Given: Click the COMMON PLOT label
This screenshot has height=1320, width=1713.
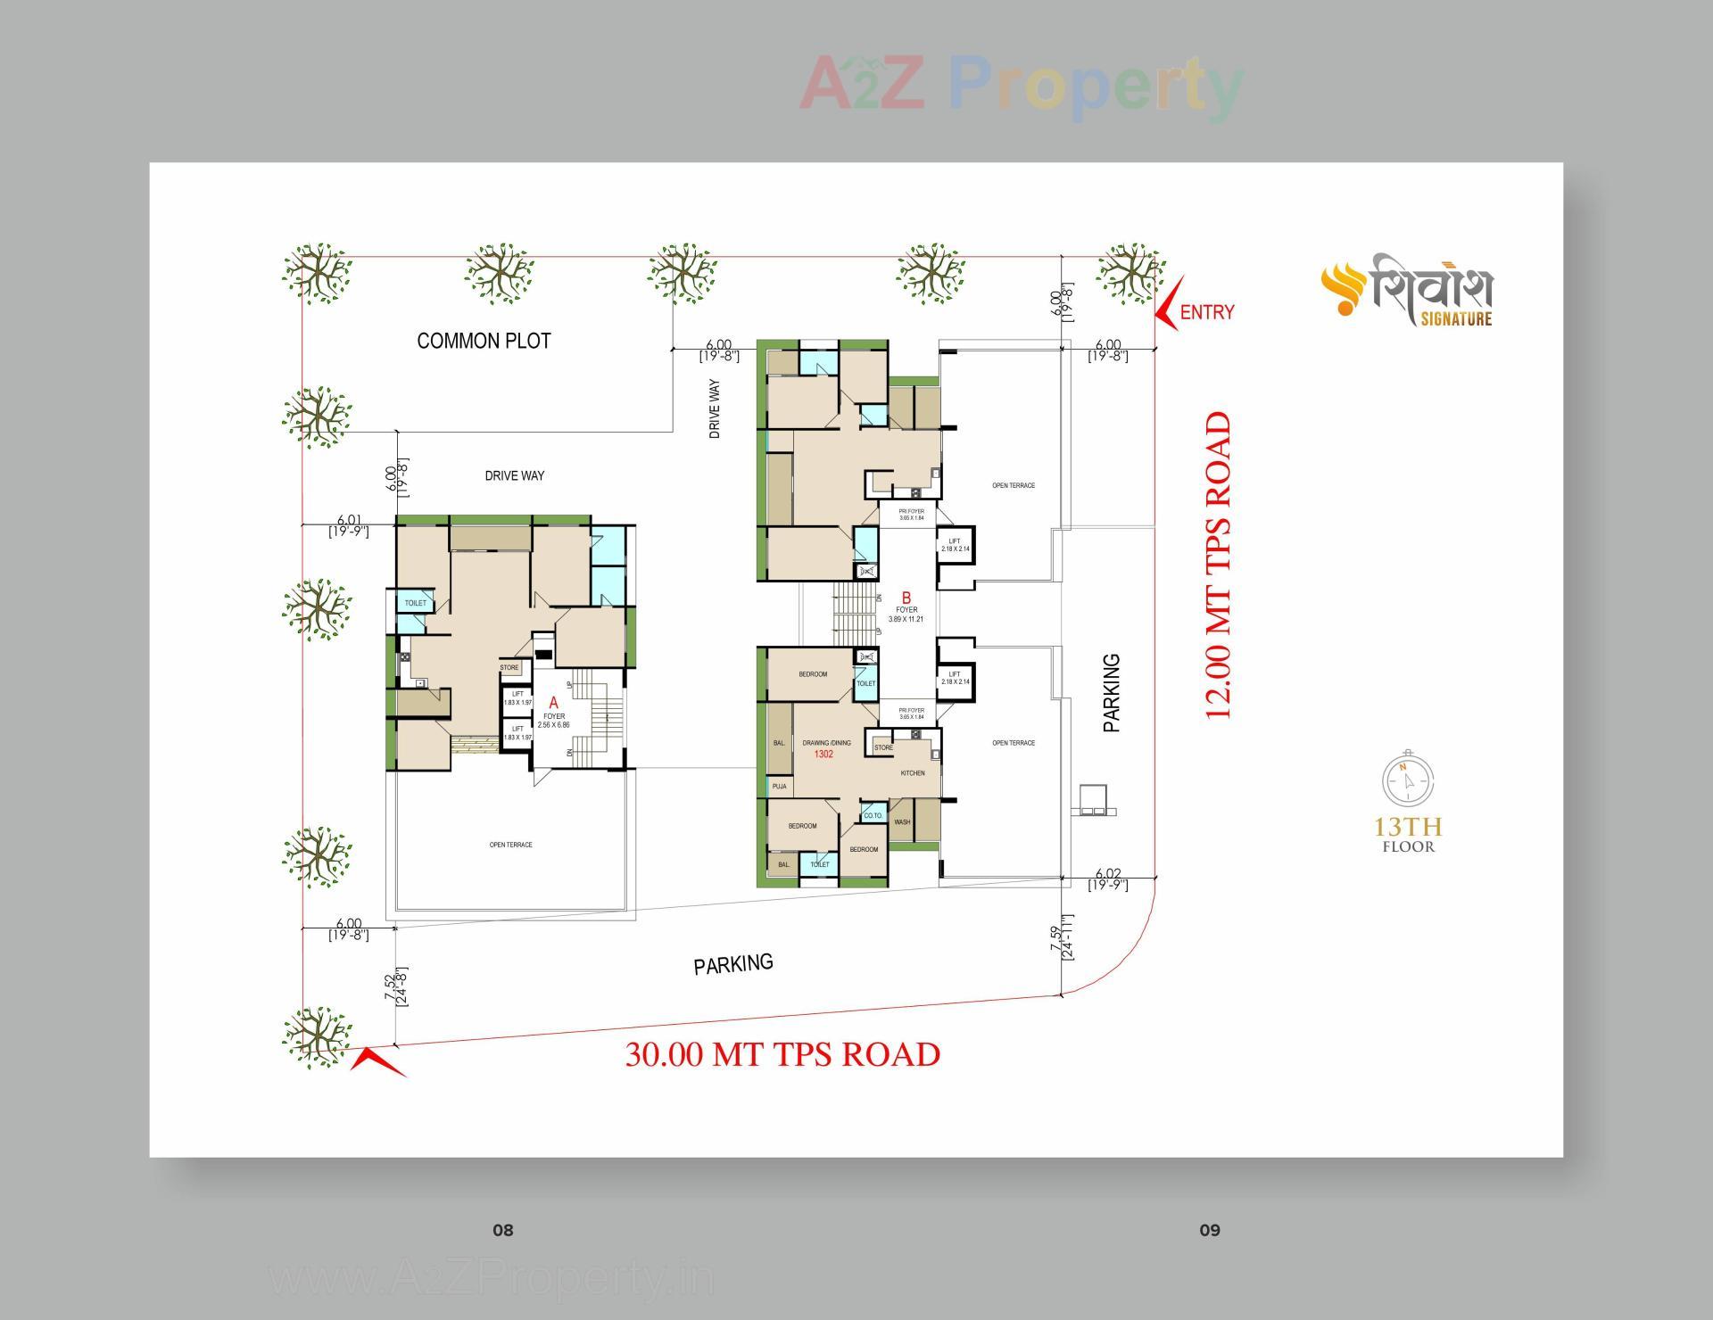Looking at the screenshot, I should coord(484,341).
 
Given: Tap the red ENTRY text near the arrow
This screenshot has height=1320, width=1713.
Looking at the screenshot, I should coord(1206,312).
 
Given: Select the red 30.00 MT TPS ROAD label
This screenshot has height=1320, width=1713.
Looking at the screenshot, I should coord(782,1054).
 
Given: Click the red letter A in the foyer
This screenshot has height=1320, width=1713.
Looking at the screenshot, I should coord(553,703).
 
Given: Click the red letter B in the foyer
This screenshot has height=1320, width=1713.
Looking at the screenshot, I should coord(905,598).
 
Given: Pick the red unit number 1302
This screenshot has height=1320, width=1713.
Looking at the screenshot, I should coord(823,755).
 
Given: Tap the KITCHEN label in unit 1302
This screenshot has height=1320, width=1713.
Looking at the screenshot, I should coord(912,773).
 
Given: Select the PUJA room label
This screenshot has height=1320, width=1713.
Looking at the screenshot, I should coord(779,787).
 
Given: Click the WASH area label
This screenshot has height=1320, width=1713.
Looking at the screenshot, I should coord(902,821).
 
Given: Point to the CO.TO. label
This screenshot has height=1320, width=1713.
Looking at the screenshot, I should coord(872,816).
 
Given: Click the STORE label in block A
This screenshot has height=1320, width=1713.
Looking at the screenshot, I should coord(509,667).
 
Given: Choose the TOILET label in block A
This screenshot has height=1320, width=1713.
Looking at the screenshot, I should coord(416,604).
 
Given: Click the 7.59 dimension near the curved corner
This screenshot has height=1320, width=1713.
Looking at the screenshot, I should coord(1056,938).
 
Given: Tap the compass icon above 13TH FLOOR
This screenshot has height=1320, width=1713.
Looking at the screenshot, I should coord(1408,780).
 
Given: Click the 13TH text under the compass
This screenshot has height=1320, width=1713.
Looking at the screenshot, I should coord(1408,827).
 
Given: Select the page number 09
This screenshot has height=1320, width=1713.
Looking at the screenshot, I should coord(1209,1231).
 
